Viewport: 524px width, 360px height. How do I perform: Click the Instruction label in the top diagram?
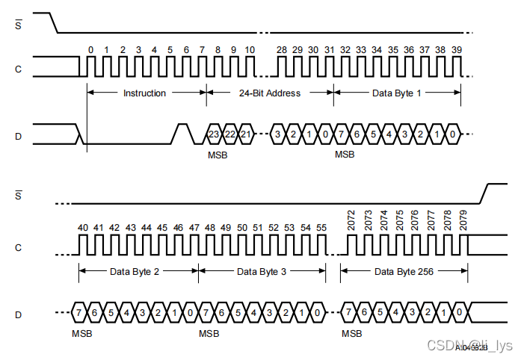click(x=144, y=93)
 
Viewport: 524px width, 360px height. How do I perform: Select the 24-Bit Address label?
click(x=270, y=93)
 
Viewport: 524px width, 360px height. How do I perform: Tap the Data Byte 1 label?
click(x=397, y=93)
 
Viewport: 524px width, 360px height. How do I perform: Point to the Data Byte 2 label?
click(x=135, y=271)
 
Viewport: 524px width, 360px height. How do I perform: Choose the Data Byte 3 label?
click(x=262, y=271)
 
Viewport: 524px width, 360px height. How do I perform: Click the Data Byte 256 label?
click(x=404, y=271)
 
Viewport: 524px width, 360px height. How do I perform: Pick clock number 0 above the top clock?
click(x=90, y=49)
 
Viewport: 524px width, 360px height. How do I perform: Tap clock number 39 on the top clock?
click(x=456, y=49)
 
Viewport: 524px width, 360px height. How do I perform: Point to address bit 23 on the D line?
click(x=214, y=134)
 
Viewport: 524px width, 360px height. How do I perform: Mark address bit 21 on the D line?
click(x=245, y=134)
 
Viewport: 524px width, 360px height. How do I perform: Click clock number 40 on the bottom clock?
click(x=82, y=227)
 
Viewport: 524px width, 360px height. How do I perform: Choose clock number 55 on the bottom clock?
click(x=321, y=227)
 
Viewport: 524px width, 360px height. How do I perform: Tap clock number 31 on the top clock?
click(x=329, y=49)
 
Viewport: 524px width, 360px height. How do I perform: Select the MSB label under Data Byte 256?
click(x=351, y=332)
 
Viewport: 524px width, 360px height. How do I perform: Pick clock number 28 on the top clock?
click(x=282, y=49)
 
